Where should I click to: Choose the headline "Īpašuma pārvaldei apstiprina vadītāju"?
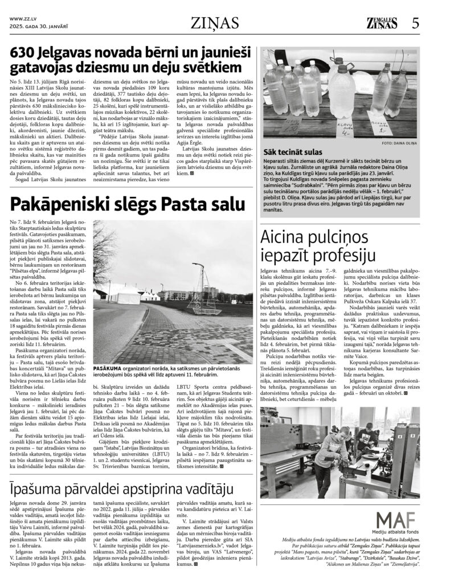[121, 487]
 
